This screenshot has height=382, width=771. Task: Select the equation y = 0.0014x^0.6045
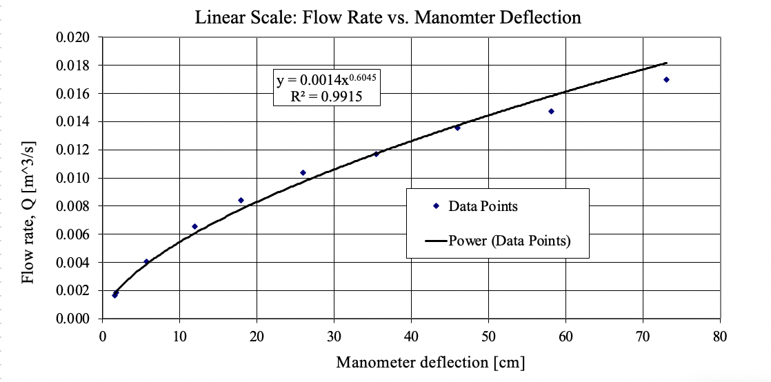tap(328, 81)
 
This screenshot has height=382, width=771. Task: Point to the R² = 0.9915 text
tap(327, 97)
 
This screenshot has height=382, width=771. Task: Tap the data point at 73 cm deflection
tap(666, 79)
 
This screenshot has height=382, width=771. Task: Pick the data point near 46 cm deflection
tap(457, 128)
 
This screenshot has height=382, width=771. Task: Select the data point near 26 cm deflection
tap(303, 172)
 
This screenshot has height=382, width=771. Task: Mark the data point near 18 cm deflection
tap(241, 200)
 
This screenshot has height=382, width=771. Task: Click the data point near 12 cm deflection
tap(194, 226)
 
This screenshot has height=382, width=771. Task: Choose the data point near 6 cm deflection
tap(146, 261)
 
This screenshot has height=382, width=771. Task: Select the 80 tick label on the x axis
tap(720, 337)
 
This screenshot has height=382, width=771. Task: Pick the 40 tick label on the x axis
tap(411, 337)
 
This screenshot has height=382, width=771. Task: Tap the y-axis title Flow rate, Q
tap(28, 213)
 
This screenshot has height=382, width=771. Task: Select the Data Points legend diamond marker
tap(437, 205)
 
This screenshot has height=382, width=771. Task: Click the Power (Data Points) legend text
tap(510, 241)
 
